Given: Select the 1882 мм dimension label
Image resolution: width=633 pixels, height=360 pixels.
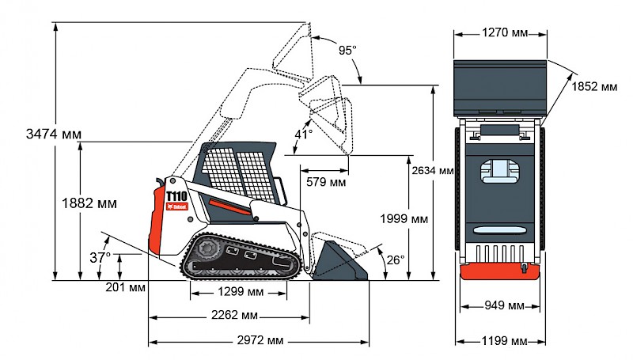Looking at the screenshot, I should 89,203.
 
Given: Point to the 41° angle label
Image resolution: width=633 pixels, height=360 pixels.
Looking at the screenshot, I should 304,135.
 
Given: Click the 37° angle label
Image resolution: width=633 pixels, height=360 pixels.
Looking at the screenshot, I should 99,257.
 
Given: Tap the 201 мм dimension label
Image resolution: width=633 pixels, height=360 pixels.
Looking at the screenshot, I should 124,286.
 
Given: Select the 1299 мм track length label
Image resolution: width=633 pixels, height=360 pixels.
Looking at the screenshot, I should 240,292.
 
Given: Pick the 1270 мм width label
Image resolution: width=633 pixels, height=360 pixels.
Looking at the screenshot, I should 503,32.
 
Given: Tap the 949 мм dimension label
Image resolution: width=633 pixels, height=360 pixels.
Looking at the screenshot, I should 504,305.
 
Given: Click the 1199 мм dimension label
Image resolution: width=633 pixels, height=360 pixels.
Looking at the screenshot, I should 504,341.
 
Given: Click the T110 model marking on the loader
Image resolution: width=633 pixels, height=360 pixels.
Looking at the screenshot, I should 176,195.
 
